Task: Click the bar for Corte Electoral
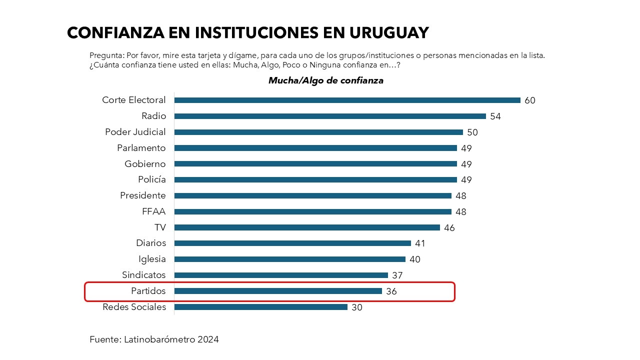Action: click(x=347, y=100)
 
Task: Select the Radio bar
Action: click(x=330, y=116)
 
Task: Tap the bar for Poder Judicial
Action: click(x=318, y=132)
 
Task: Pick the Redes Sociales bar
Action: click(x=261, y=307)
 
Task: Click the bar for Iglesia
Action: click(x=290, y=259)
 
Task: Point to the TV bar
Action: click(x=307, y=227)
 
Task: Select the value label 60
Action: click(x=530, y=100)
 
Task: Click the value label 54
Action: click(x=495, y=116)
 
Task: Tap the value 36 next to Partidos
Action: click(x=391, y=291)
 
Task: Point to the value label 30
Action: click(x=357, y=307)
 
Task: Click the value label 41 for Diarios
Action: click(x=420, y=243)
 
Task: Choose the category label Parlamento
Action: click(x=141, y=148)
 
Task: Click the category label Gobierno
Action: click(x=145, y=164)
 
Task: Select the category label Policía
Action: click(x=152, y=179)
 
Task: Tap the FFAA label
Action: click(x=154, y=211)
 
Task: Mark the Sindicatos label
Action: click(x=144, y=275)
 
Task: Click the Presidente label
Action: click(x=143, y=195)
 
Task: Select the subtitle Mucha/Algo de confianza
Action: click(x=326, y=80)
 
